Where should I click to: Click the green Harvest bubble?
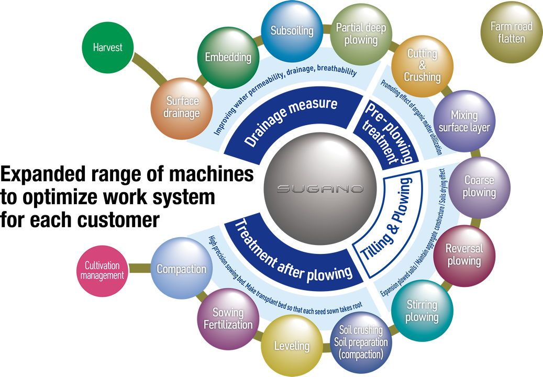click(107, 49)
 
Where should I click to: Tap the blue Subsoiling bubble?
click(292, 31)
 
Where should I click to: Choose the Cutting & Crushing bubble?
click(422, 65)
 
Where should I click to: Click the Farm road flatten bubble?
click(511, 32)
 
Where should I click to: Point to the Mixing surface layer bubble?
click(464, 121)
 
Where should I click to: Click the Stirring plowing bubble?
click(422, 311)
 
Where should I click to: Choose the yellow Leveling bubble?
click(292, 346)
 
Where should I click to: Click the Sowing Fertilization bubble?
click(228, 318)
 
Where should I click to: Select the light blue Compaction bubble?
click(181, 269)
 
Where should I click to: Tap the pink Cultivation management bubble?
click(103, 271)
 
